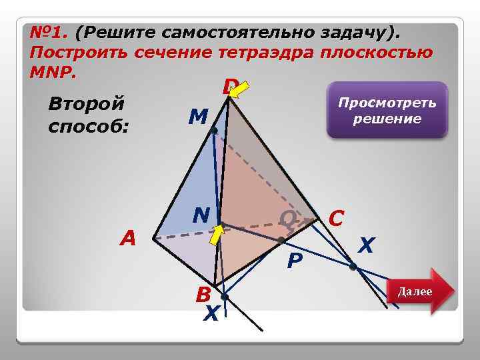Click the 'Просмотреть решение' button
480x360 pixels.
[387, 111]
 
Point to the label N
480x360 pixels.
[201, 215]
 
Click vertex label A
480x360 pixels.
[127, 238]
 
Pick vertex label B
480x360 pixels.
[203, 294]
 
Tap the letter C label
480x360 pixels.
[337, 217]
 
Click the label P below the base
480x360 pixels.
[294, 261]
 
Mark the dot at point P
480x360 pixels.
[282, 239]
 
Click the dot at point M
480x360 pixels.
[214, 131]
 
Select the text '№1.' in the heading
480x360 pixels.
[50, 33]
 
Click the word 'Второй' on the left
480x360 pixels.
[87, 105]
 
